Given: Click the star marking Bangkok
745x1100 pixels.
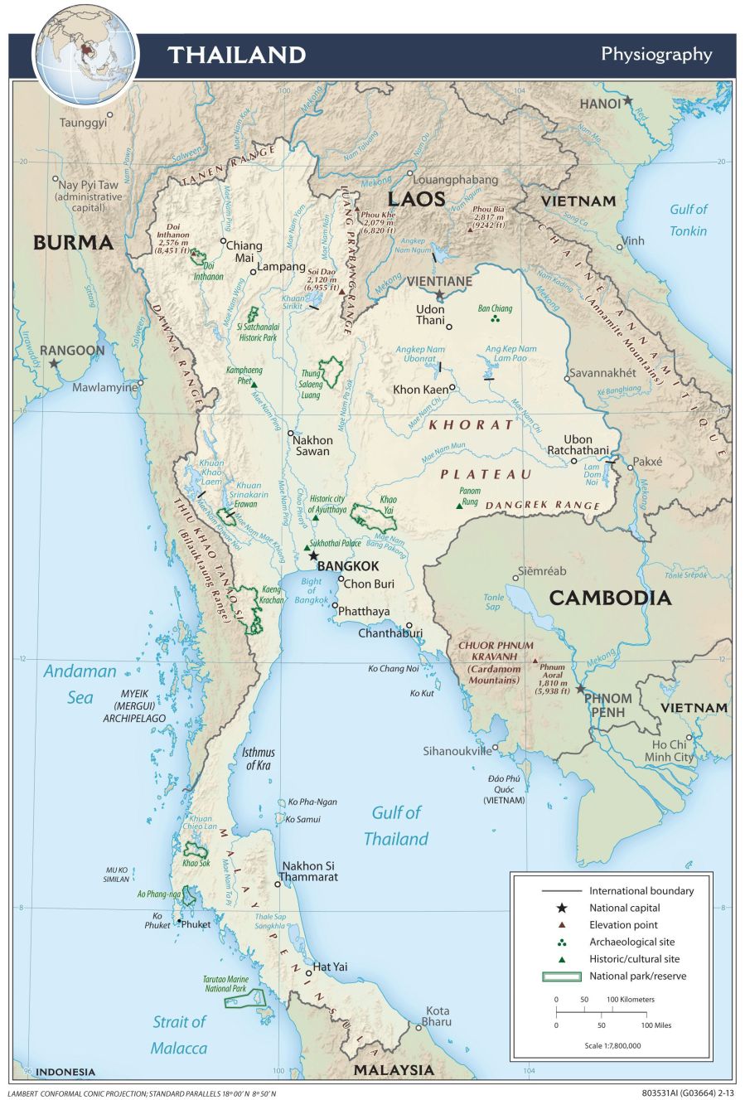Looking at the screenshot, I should [x=313, y=555].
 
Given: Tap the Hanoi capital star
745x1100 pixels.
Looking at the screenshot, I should [x=628, y=100].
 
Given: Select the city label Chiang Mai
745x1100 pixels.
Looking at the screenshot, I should [x=244, y=251].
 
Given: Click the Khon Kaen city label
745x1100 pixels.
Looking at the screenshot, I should [x=418, y=389].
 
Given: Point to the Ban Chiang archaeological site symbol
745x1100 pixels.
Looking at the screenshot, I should [x=496, y=319].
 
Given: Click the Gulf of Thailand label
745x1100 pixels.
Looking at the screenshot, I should [x=396, y=826].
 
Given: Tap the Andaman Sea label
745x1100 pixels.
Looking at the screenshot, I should [x=80, y=684].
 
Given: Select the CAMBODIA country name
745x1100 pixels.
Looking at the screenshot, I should [x=609, y=598].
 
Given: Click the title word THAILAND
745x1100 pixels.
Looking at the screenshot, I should [x=237, y=56].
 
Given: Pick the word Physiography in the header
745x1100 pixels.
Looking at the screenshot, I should [x=656, y=55].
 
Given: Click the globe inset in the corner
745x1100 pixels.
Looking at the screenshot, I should [x=85, y=51].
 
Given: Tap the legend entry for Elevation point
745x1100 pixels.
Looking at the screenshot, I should [x=623, y=924].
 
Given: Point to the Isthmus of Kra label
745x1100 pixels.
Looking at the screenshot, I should [x=258, y=758].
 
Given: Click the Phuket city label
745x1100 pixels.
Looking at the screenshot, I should [x=196, y=924].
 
